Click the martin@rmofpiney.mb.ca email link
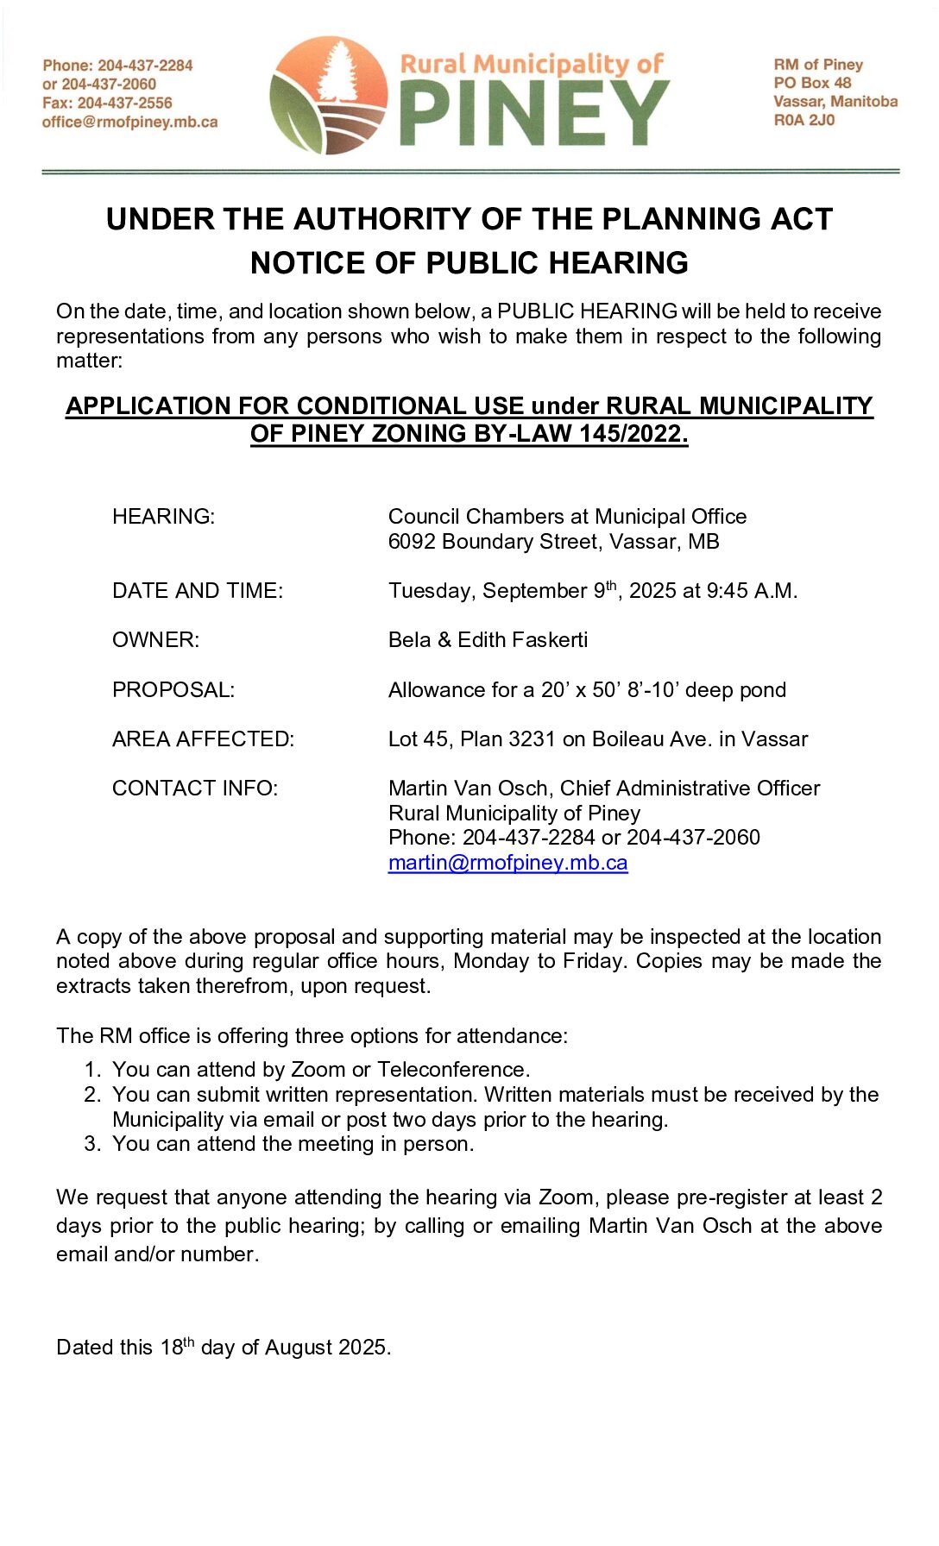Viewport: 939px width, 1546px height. (x=507, y=863)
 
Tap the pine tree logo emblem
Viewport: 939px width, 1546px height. (x=329, y=95)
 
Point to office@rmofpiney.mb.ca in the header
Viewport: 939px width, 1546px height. (x=129, y=122)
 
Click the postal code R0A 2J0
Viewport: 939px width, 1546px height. (x=804, y=120)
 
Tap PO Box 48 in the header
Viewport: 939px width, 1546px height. (x=812, y=83)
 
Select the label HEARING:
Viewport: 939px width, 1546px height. (x=163, y=517)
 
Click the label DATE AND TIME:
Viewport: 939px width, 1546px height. (x=197, y=591)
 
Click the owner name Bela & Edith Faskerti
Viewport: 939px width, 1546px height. (x=488, y=640)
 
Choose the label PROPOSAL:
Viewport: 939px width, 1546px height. (x=173, y=690)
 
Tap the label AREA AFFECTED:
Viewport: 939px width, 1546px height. (x=203, y=739)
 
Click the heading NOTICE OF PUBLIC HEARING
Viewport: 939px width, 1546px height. (x=469, y=263)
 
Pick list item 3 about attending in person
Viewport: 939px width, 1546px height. (x=293, y=1144)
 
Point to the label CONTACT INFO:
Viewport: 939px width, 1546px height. (x=194, y=789)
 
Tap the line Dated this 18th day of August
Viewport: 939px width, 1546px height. (x=223, y=1348)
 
